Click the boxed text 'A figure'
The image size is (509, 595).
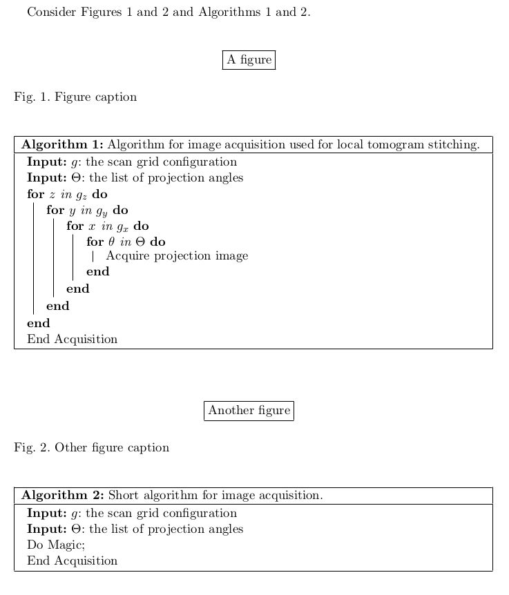pos(249,60)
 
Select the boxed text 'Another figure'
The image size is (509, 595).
pos(249,411)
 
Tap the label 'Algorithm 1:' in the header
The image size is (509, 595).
pos(62,145)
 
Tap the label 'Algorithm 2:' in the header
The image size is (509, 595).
pos(62,496)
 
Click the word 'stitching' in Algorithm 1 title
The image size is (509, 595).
pos(454,145)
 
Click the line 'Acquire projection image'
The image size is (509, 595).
pos(177,256)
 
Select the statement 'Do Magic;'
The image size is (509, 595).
pos(56,545)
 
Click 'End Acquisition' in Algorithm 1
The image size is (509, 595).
pos(72,340)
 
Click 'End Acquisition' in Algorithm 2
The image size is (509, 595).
pos(72,561)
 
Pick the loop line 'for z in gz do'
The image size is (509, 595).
pos(67,195)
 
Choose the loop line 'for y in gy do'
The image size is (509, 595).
pos(87,211)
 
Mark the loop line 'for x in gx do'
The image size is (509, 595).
pos(107,226)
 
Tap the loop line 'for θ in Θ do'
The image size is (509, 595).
pos(126,242)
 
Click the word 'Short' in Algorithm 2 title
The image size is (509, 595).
pos(123,496)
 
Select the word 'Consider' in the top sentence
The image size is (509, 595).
pos(51,12)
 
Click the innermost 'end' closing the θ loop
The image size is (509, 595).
pos(97,272)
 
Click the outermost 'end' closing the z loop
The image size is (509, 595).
pos(38,323)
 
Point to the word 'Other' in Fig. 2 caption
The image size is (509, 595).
pos(70,448)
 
